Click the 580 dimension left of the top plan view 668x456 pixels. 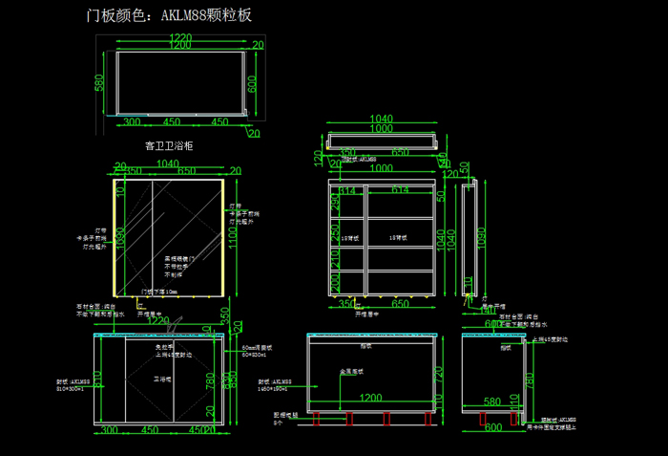point(99,84)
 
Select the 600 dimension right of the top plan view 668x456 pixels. point(253,84)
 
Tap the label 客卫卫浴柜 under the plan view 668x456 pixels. point(169,146)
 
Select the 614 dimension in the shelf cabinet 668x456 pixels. point(399,191)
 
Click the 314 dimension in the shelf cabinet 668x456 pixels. point(346,191)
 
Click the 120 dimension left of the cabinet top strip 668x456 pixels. point(317,157)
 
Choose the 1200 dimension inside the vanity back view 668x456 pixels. point(370,396)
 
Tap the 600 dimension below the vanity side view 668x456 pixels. point(492,427)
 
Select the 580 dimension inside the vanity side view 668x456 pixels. point(492,402)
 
